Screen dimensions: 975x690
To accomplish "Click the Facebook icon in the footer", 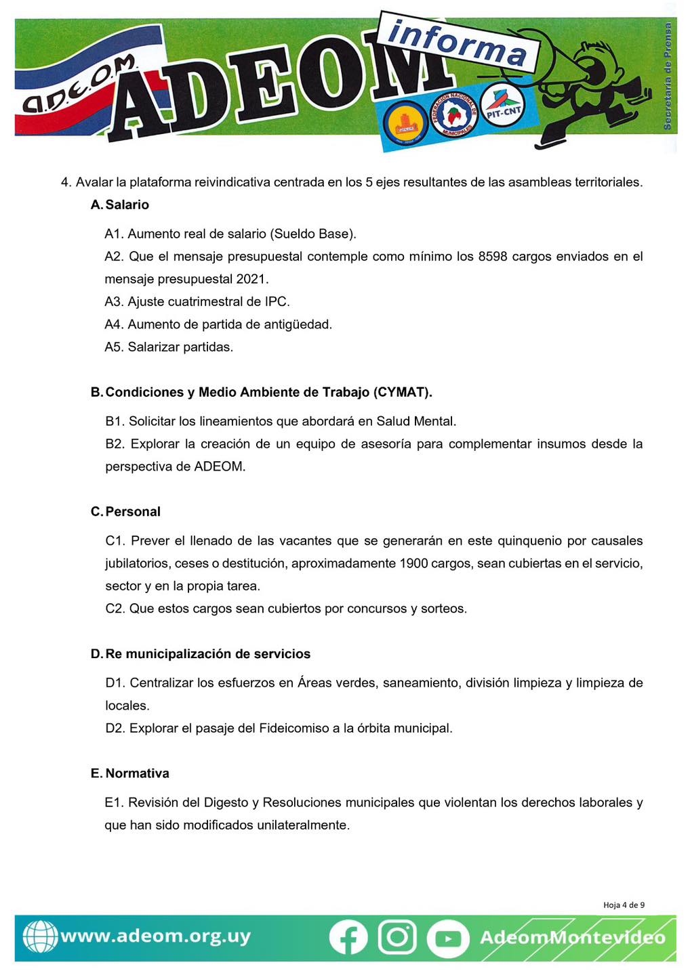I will [348, 938].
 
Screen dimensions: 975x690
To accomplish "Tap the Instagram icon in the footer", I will [397, 937].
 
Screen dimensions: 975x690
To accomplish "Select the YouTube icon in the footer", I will [447, 938].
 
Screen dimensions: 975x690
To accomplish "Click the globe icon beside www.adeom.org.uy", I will [40, 937].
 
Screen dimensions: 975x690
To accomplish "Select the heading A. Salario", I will [120, 204].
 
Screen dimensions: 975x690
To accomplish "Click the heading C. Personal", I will [126, 512].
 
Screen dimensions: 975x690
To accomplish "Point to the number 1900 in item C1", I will [413, 563].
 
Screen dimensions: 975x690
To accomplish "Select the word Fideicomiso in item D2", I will [300, 729].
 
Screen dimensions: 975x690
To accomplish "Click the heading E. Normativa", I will [130, 773].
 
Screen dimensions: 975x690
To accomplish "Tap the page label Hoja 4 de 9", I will [624, 905].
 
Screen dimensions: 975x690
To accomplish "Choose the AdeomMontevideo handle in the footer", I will [572, 938].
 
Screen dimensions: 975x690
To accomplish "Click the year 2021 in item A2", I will [252, 279].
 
